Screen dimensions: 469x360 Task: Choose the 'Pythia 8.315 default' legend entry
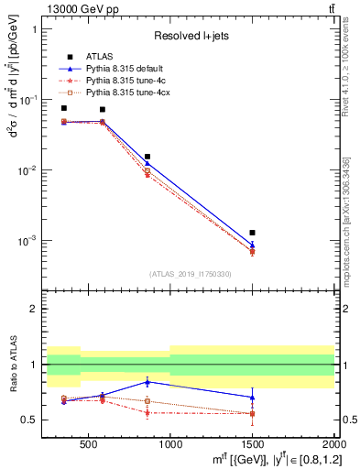pyautogui.click(x=124, y=69)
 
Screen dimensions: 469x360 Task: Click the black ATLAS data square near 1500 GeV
pyautogui.click(x=253, y=233)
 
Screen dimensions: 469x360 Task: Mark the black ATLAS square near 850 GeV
pyautogui.click(x=147, y=157)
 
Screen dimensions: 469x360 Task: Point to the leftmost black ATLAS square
pyautogui.click(x=63, y=108)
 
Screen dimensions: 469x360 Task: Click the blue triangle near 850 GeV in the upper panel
pyautogui.click(x=147, y=164)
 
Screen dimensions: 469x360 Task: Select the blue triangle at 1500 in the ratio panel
pyautogui.click(x=253, y=398)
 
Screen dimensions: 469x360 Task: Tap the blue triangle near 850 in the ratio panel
pyautogui.click(x=147, y=381)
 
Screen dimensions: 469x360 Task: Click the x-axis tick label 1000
pyautogui.click(x=170, y=440)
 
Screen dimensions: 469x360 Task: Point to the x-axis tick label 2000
pyautogui.click(x=333, y=440)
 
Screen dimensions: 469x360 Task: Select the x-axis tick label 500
pyautogui.click(x=89, y=440)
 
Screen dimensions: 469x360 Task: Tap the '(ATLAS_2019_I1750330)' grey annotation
pyautogui.click(x=191, y=274)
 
